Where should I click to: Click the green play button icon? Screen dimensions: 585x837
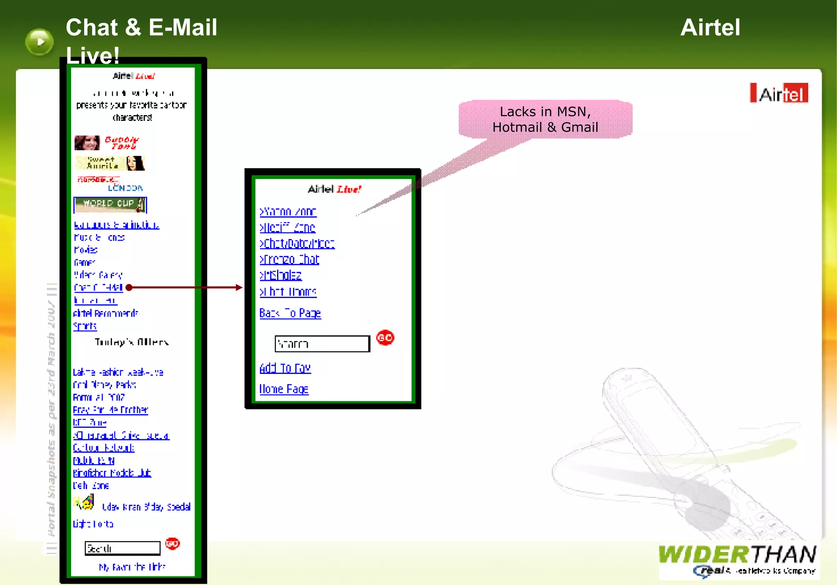39,42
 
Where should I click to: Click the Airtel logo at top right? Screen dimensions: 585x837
779,93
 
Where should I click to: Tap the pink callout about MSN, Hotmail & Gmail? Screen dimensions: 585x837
545,119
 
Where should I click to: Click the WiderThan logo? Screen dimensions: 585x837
737,560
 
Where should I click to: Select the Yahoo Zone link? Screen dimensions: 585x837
288,212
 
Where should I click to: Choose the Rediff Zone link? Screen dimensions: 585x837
288,227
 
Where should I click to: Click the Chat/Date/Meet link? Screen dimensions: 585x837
297,244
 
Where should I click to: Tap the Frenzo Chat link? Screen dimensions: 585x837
289,260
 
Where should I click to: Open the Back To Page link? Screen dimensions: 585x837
290,313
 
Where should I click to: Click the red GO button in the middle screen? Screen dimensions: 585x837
385,338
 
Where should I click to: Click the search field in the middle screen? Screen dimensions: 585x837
322,344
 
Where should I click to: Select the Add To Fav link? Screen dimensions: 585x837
285,368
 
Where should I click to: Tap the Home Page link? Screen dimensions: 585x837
284,389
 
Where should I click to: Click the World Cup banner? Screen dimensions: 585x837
110,205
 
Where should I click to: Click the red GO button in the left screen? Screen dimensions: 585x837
172,544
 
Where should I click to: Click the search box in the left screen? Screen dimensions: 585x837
123,548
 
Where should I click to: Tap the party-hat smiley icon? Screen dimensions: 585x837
85,503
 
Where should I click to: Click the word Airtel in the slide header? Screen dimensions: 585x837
710,28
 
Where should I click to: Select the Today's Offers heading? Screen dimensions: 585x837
132,342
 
